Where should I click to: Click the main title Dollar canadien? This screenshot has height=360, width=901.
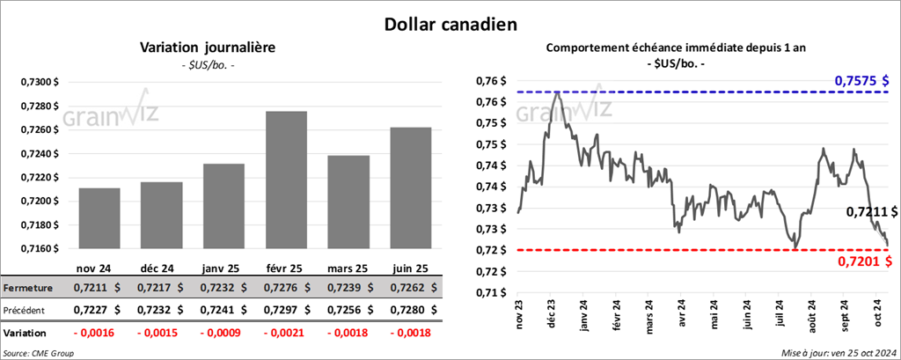450,21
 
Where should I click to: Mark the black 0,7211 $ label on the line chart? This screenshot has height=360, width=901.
871,212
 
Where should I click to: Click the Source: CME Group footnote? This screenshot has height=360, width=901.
40,352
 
